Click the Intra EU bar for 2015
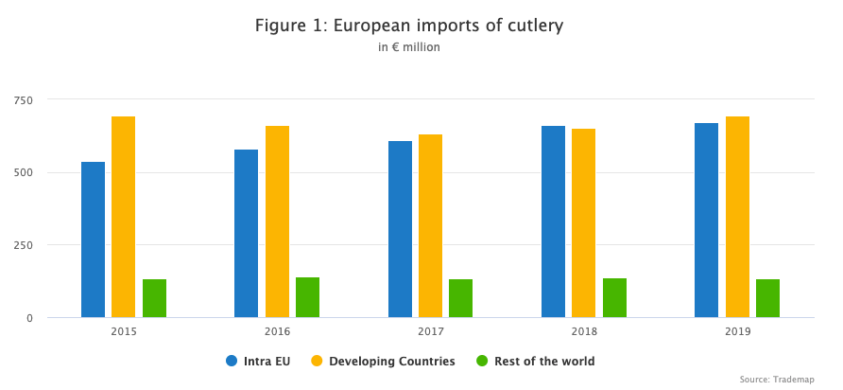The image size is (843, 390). click(93, 239)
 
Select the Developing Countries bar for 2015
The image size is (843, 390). click(123, 217)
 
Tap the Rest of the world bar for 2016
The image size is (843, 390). click(307, 297)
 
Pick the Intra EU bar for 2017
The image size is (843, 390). click(400, 229)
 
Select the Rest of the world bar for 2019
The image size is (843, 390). click(767, 298)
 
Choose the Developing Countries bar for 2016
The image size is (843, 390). click(277, 222)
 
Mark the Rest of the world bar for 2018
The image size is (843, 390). click(614, 297)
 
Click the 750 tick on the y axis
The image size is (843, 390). click(23, 99)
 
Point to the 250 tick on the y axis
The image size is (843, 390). click(23, 245)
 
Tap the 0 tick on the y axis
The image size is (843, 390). click(29, 318)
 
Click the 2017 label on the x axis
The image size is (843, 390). click(430, 332)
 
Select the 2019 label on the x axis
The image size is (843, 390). click(737, 332)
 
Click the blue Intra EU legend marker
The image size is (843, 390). click(232, 361)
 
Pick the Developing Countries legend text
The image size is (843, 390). click(392, 361)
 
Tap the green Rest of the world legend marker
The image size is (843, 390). click(482, 361)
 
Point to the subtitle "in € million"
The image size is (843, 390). click(408, 47)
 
